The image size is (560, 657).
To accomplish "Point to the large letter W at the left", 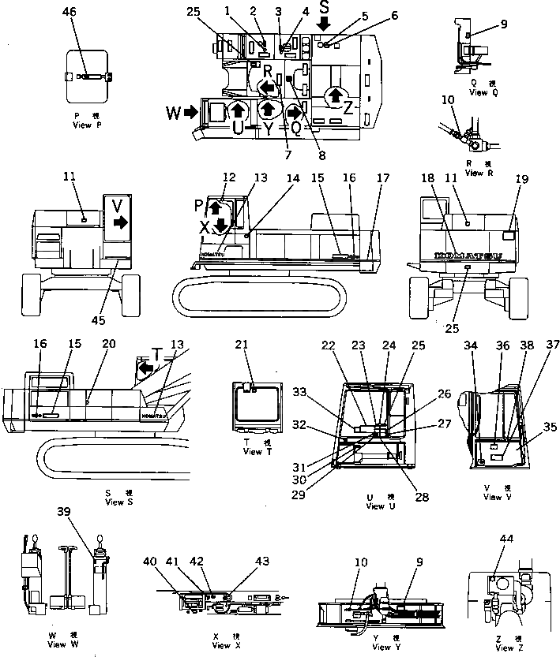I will point(173,113).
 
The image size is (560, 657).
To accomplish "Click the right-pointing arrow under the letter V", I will point(120,223).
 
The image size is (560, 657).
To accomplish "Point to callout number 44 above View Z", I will point(506,539).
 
